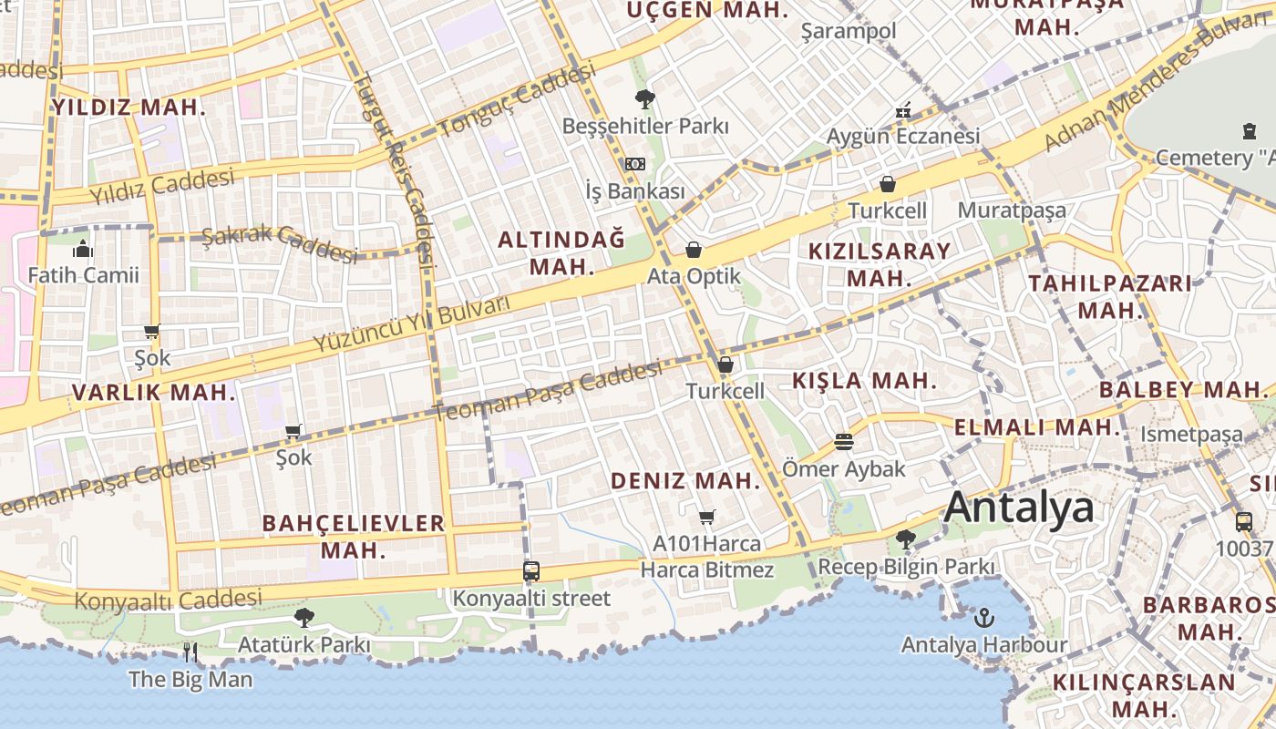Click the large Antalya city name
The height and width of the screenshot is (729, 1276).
click(1018, 507)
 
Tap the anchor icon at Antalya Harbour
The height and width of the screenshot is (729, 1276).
click(984, 619)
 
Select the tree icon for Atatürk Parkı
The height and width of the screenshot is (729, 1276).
click(304, 618)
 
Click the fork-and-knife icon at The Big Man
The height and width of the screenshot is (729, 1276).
click(190, 652)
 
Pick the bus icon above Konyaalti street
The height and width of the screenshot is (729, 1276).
click(531, 571)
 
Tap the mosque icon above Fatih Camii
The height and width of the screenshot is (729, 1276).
click(83, 248)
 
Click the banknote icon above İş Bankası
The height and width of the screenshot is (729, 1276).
click(635, 164)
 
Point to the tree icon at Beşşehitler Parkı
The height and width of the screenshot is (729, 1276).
click(645, 98)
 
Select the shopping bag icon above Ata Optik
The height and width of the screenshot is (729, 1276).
click(694, 250)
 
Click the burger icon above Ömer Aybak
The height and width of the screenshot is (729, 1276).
click(844, 443)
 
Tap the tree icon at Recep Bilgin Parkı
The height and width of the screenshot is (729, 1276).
click(905, 539)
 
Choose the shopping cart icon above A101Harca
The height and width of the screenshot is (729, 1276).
click(706, 518)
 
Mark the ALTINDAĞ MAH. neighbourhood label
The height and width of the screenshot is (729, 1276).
click(561, 253)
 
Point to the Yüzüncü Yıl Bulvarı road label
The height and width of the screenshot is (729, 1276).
click(411, 324)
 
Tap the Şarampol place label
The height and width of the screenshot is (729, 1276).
click(848, 31)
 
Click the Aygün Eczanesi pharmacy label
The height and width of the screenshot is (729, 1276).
click(902, 136)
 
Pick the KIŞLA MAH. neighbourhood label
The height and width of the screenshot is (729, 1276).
click(864, 380)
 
